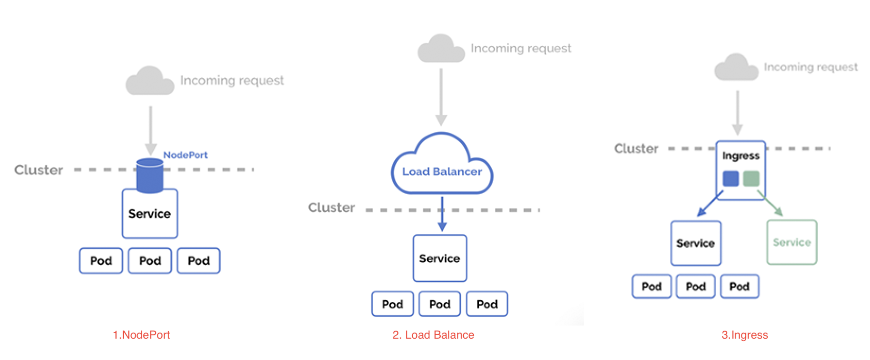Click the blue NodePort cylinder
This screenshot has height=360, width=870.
coord(150,176)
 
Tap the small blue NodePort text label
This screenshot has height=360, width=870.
coord(185,155)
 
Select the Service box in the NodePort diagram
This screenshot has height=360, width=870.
coord(150,214)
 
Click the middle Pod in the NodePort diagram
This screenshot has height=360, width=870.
coord(150,261)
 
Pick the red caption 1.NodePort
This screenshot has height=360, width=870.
coord(141,335)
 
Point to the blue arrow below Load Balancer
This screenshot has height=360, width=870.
coord(442,215)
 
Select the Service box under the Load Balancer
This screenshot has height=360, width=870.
coord(440,258)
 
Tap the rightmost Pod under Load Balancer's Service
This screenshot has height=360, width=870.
coord(487,304)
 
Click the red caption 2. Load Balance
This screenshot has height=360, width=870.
coord(433,335)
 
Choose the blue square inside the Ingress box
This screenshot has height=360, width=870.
coord(730,179)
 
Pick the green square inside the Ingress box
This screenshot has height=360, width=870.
coord(751,179)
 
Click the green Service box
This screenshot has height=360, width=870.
coord(792,242)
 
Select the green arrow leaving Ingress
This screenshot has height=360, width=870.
coord(771,204)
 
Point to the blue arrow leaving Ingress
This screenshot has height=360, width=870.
coord(709,204)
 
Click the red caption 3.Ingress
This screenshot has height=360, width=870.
coord(744,335)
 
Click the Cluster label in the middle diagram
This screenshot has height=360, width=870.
coord(332,208)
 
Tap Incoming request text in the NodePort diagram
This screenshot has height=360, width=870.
coord(232,80)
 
